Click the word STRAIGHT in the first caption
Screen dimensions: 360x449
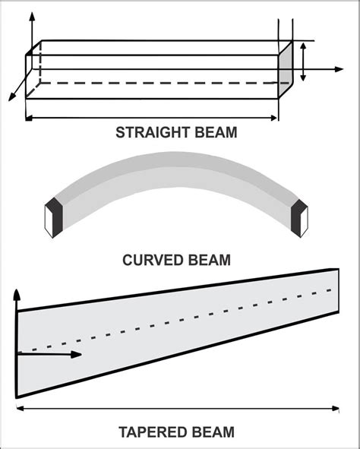pos(153,133)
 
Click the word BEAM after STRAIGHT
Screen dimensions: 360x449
pos(216,133)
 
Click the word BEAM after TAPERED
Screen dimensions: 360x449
pos(212,432)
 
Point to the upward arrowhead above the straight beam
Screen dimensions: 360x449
pos(33,16)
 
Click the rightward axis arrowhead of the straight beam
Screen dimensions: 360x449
pos(339,69)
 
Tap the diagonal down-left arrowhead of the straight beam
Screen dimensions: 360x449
pos(11,97)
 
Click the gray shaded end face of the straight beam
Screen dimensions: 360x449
pos(286,70)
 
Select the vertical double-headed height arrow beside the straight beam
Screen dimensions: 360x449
pos(303,62)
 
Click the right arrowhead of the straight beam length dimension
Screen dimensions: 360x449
pos(273,118)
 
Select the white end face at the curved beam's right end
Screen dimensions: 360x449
pos(305,222)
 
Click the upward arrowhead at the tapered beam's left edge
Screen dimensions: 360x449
pos(17,295)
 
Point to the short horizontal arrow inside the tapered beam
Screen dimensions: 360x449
pos(49,355)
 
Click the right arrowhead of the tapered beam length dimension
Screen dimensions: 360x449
pos(336,409)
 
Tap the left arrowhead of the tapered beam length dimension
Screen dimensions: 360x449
pos(21,409)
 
